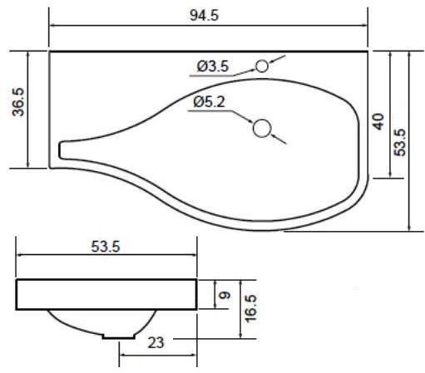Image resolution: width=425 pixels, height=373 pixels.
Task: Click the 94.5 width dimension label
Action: point(205,15)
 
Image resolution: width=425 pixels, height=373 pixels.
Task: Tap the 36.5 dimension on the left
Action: point(19,102)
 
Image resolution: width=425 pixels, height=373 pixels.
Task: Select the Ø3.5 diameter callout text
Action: point(213,66)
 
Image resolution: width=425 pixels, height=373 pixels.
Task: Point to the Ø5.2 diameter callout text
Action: point(210,102)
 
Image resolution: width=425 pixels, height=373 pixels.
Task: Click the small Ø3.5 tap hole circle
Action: point(262,66)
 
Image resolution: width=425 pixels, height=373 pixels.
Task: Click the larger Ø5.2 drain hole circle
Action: point(262,128)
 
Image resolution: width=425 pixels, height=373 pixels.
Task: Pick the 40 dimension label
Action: point(378,121)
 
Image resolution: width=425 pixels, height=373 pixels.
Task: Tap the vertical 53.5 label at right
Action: point(400,143)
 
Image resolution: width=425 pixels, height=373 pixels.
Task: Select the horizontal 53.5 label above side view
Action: point(106,246)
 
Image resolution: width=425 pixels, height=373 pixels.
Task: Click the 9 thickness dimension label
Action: point(225,295)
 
